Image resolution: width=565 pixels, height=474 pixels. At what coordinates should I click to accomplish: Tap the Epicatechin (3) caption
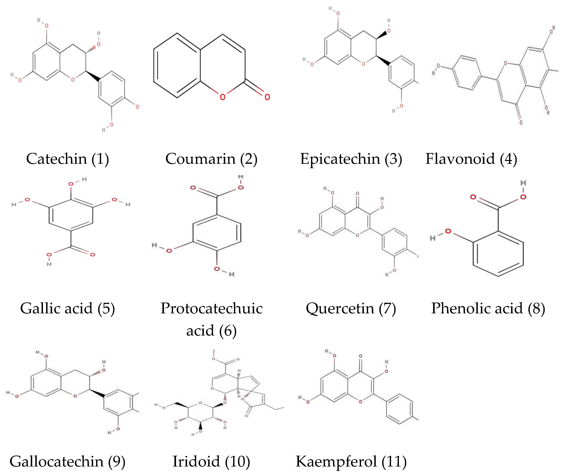click(x=351, y=159)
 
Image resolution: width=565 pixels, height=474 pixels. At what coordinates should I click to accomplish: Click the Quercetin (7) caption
click(x=351, y=308)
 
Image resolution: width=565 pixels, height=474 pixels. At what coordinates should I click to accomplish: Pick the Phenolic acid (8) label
click(x=488, y=308)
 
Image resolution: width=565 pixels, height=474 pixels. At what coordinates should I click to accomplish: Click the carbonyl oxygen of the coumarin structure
click(x=267, y=97)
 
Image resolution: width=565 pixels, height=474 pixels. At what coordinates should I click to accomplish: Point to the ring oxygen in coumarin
click(x=223, y=97)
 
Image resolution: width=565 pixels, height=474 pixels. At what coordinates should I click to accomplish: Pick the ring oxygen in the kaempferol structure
click(x=361, y=402)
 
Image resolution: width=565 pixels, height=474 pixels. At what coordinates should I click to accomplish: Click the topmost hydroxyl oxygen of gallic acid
click(x=71, y=184)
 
